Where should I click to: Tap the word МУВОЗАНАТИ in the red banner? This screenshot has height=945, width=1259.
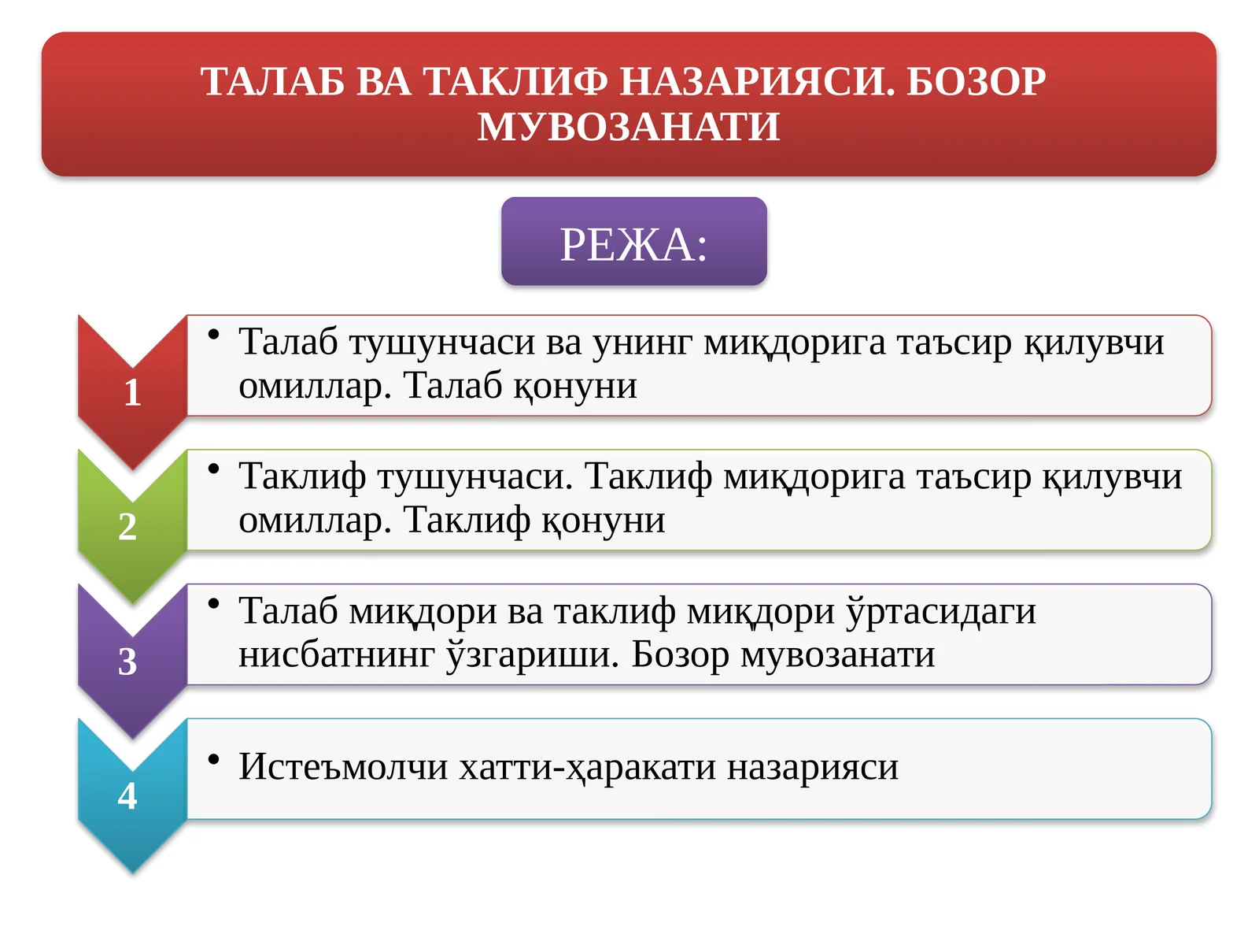629,127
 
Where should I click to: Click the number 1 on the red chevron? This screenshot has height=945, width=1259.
132,392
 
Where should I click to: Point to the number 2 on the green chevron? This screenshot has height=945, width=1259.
127,526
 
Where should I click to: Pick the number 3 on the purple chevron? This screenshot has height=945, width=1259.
127,661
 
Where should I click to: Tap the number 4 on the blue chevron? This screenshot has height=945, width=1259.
127,795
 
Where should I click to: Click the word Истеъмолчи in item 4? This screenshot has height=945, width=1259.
343,766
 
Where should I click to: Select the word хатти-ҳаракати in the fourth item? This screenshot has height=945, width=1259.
587,766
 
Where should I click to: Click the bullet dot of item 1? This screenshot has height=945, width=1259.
213,335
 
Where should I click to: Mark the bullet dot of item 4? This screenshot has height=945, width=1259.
213,760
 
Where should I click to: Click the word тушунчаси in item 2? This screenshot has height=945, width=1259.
474,476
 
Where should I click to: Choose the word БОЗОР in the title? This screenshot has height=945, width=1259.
976,81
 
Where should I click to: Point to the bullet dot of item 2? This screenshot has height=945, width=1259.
213,469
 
